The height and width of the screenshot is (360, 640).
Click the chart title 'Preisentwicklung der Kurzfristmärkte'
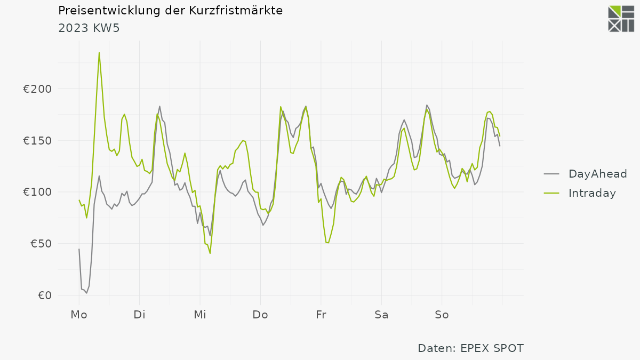click(x=170, y=11)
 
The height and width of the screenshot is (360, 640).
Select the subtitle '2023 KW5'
click(x=89, y=28)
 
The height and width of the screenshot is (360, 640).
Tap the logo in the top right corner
click(x=621, y=19)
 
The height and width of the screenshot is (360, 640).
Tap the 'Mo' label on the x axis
click(x=79, y=315)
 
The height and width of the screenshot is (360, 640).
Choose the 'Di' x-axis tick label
click(x=139, y=315)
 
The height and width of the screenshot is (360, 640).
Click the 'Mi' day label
click(x=200, y=315)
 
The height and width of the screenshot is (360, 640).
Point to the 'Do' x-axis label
click(x=260, y=315)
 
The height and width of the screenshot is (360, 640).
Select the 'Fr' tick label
click(x=321, y=315)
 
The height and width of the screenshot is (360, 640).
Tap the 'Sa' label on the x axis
click(x=381, y=315)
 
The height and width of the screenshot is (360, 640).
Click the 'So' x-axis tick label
click(x=442, y=315)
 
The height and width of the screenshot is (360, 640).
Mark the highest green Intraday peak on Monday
click(x=99, y=53)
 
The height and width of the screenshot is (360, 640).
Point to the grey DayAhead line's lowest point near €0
click(x=86, y=293)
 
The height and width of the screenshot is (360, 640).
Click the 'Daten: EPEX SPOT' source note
click(x=470, y=348)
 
